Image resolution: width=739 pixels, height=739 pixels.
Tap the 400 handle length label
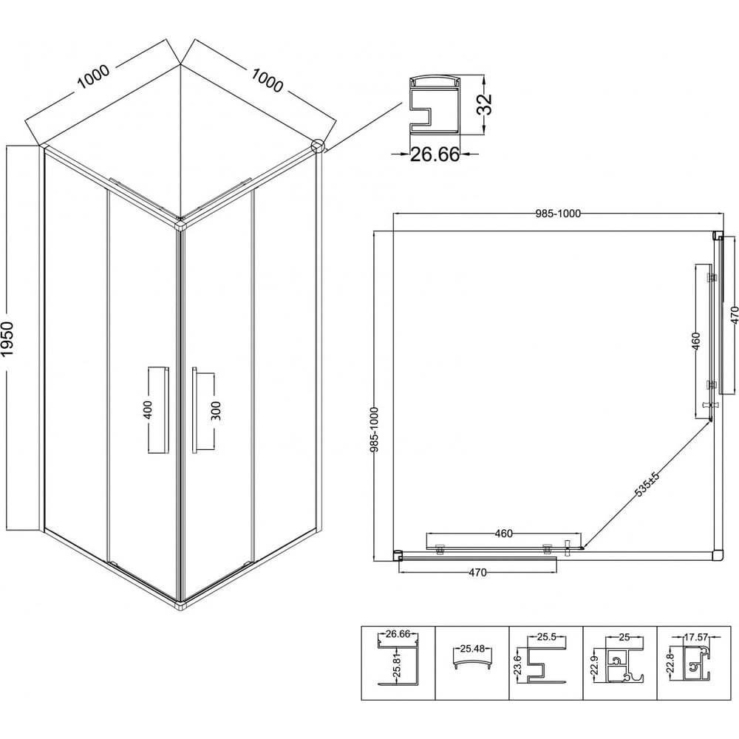pos(148,410)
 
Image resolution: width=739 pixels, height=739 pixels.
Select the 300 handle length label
pos(216,410)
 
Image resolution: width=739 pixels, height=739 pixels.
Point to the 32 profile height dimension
pos(484,104)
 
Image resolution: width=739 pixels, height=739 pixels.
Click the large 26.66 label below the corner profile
pos(435,154)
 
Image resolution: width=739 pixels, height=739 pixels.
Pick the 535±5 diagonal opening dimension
pos(647,484)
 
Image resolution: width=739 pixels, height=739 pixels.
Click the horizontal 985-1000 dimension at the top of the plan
pos(558,214)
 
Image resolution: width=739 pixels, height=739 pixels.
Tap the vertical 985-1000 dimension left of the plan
pos(375,429)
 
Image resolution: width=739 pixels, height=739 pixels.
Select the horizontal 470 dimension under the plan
pos(477,573)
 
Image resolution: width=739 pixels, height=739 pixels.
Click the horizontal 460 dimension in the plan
pos(504,534)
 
